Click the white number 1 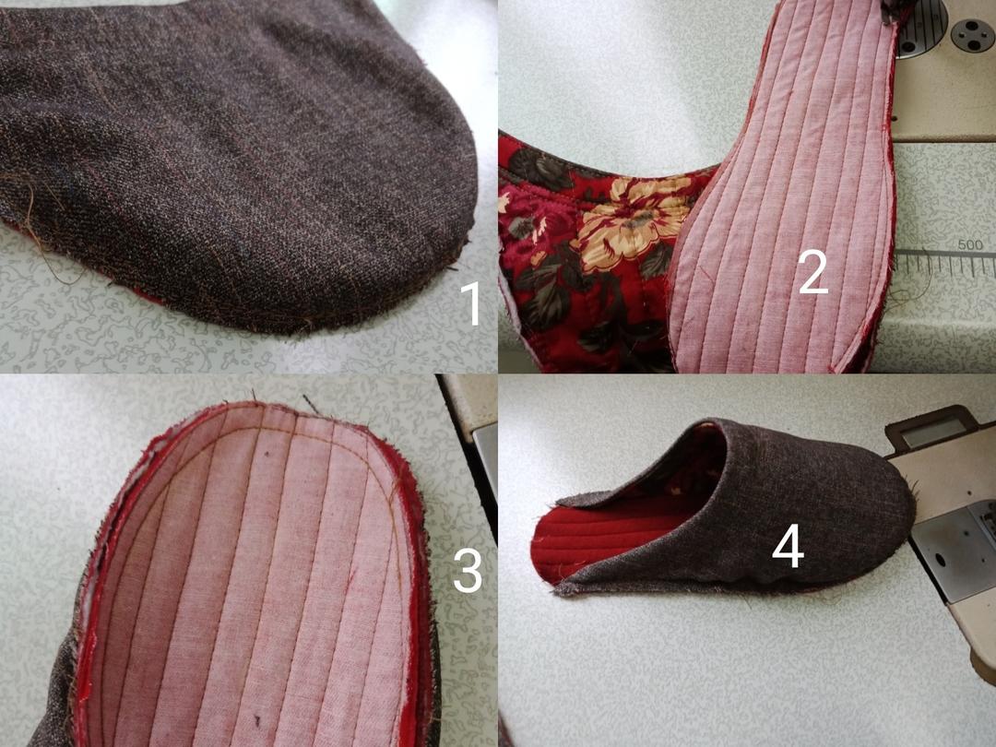point(471,303)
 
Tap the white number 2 point(813,272)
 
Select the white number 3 point(468,571)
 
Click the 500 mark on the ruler point(969,244)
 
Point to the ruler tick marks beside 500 point(946,262)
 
